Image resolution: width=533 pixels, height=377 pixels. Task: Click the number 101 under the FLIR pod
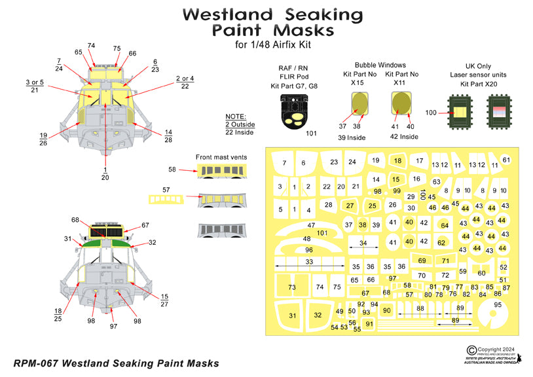[312, 134]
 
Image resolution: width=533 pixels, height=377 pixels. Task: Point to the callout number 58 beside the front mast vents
[172, 169]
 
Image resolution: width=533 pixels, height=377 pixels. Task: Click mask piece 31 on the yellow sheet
[292, 315]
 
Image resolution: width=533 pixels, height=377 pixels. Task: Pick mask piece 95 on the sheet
[498, 304]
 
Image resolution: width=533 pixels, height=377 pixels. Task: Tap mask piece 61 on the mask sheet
[506, 160]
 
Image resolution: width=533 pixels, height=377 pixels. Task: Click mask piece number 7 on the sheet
[284, 162]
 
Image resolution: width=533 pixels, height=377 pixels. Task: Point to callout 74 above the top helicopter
[91, 46]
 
